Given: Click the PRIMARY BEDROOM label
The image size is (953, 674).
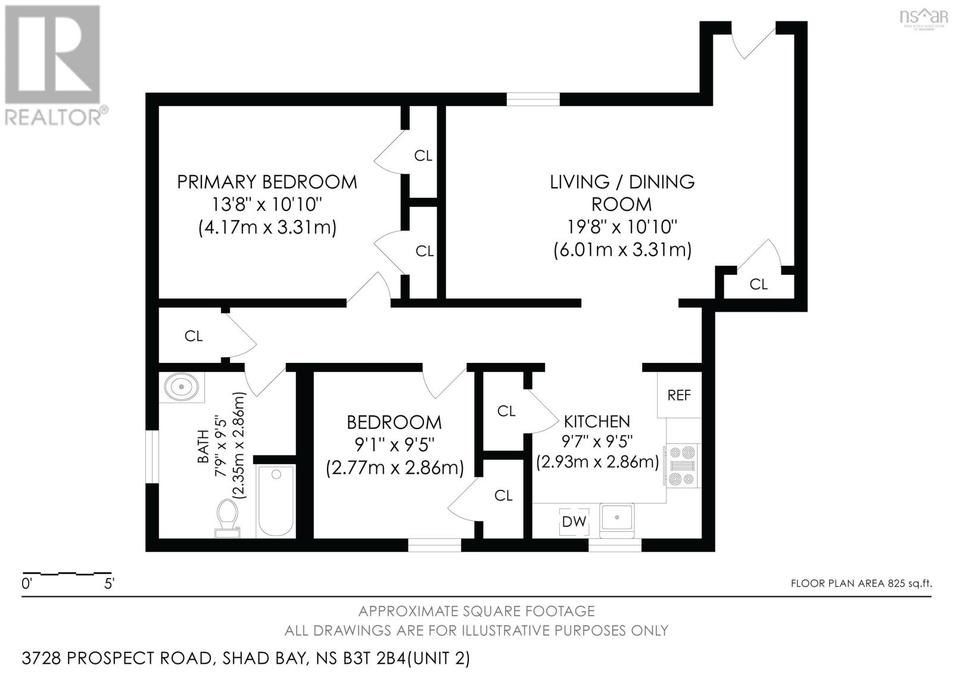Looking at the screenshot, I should point(267,182).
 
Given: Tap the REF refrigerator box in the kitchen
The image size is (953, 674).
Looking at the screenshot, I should point(679,395).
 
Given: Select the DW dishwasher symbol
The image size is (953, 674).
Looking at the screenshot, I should point(574,521).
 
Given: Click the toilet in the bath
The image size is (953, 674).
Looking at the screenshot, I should point(227,518).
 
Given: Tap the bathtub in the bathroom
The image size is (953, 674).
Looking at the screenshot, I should point(275,501).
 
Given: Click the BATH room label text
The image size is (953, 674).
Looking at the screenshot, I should point(203,446).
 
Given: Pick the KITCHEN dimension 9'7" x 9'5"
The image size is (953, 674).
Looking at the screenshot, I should point(597,442).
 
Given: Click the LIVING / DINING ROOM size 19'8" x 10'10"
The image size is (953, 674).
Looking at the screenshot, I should point(622,226).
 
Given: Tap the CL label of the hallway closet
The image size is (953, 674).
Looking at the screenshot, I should point(194,336).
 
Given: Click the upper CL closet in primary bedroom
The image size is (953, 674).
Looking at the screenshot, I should point(423,156).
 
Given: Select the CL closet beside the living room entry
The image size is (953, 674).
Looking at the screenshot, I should point(758,284).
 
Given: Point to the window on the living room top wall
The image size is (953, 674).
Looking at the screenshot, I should point(532,100).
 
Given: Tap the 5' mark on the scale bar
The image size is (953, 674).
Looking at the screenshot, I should point(109,583).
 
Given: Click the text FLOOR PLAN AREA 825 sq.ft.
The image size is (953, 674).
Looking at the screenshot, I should point(861,583).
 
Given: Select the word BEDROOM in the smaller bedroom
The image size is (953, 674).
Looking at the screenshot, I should point(394,423).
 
